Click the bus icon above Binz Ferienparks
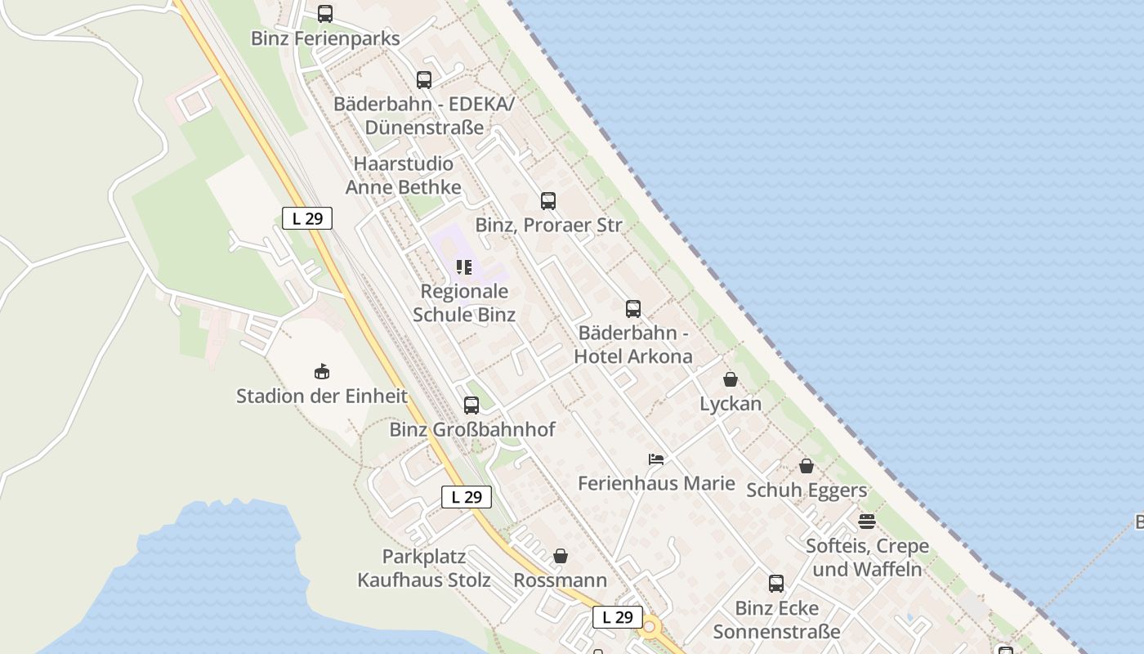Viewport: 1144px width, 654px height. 325,14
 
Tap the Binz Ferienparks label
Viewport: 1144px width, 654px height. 325,38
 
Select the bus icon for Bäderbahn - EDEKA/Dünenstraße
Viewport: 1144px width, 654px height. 424,80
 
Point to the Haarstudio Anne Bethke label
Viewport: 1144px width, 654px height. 403,176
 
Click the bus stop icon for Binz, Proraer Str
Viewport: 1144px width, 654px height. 548,201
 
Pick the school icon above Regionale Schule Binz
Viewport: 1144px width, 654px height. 464,267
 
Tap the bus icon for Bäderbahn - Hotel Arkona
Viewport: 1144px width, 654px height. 633,309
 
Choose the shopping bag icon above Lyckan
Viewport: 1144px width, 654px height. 731,379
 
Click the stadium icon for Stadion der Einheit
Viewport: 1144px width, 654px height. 322,372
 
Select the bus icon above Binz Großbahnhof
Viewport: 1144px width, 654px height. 471,405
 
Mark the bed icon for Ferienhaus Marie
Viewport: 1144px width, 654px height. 656,459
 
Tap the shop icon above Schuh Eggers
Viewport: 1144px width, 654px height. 807,466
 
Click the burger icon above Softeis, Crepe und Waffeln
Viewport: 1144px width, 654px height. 867,521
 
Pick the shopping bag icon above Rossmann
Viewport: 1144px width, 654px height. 561,556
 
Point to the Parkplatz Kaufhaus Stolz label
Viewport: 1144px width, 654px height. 424,568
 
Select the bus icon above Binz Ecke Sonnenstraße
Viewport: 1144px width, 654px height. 776,584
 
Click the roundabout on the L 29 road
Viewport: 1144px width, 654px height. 650,629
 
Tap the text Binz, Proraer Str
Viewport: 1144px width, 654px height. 548,225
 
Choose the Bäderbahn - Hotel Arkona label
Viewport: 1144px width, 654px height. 633,344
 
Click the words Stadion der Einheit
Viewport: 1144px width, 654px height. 322,396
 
